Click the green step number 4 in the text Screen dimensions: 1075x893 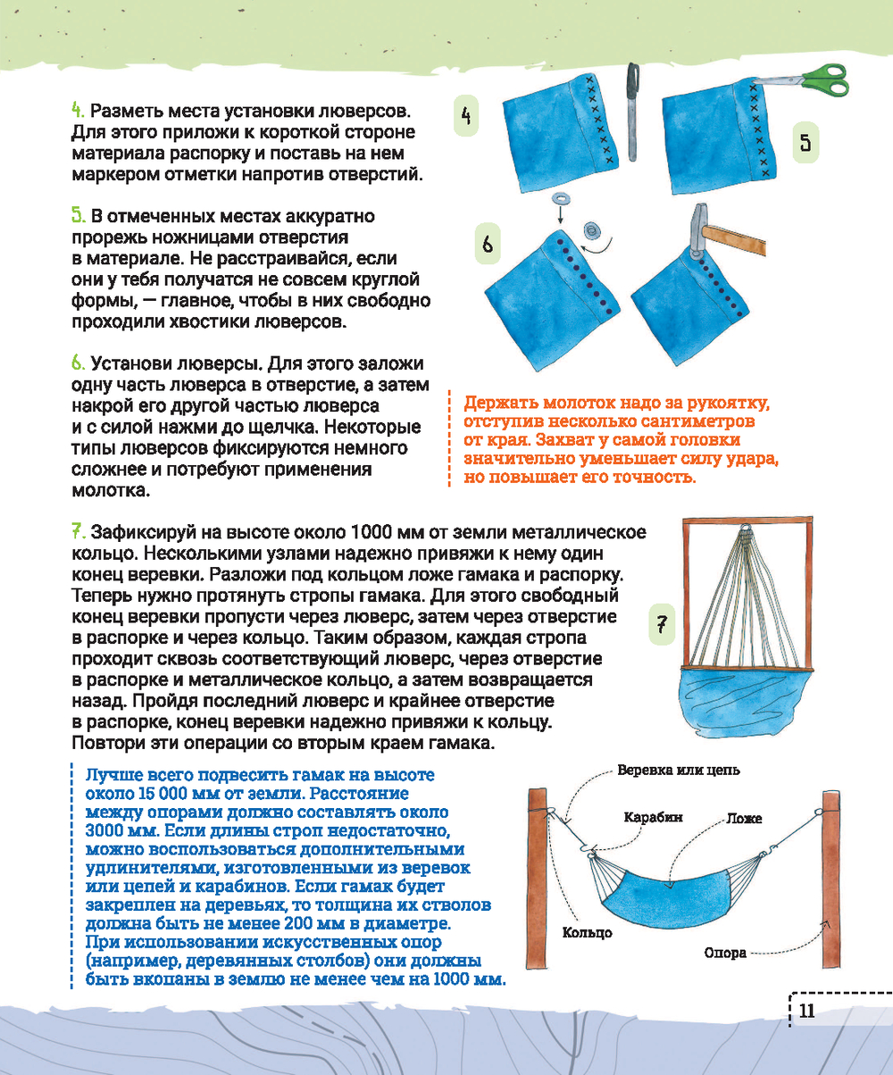point(77,112)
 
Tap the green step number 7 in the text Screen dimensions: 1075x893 point(78,529)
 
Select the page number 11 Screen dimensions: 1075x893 point(806,1011)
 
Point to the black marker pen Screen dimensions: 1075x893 point(633,108)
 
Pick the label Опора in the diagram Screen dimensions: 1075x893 point(725,953)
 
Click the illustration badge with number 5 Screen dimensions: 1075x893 point(805,143)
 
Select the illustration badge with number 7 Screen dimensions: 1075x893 point(662,624)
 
